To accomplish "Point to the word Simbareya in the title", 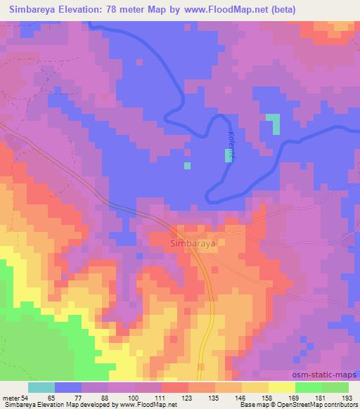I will [31, 10].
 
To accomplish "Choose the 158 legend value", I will [258, 398].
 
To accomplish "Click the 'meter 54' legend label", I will [14, 398].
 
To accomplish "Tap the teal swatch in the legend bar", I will [41, 387].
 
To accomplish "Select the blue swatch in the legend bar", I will [69, 387].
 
